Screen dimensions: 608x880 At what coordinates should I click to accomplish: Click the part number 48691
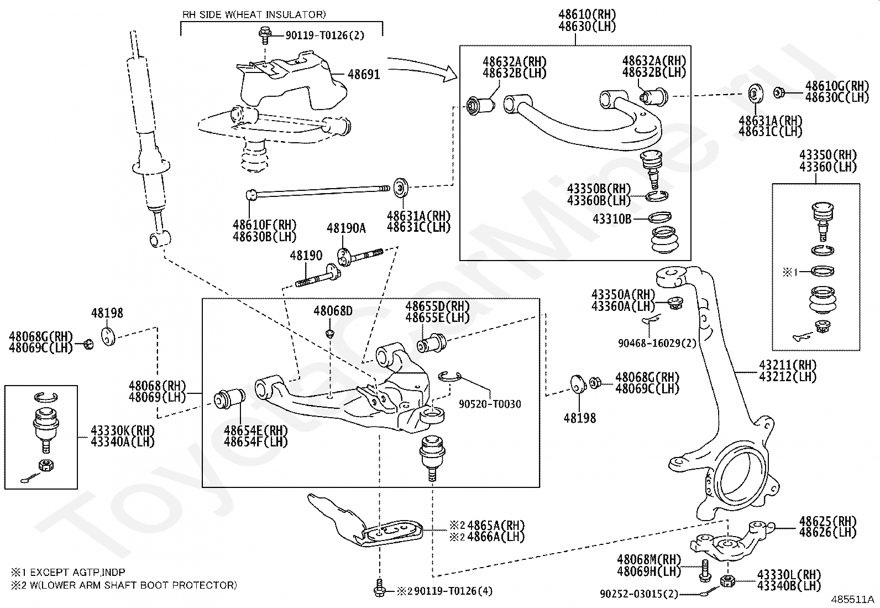pos(364,74)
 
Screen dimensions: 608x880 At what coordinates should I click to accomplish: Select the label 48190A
pos(346,228)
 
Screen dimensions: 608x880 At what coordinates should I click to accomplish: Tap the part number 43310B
pos(612,219)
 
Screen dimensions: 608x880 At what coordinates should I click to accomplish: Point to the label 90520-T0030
pos(490,404)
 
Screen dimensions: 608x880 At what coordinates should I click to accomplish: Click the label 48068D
pos(333,311)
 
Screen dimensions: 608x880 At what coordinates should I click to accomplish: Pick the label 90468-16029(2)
pos(657,343)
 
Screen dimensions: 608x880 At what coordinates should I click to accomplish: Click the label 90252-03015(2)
pos(638,594)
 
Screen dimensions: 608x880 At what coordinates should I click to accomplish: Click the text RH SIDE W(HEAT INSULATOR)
pos(254,14)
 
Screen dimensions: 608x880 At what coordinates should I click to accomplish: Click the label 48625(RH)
pos(827,521)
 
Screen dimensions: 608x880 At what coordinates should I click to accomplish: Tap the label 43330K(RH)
pos(122,430)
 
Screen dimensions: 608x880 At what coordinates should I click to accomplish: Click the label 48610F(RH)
pos(265,225)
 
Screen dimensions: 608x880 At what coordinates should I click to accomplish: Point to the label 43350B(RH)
pos(599,189)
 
